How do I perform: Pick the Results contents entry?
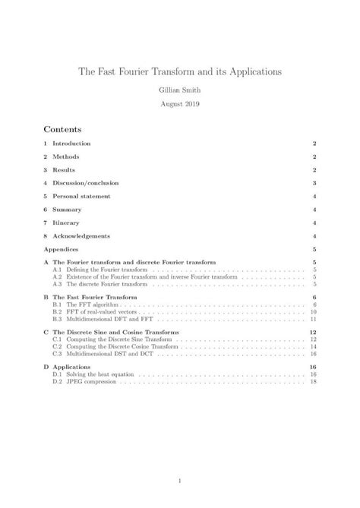[x=64, y=169]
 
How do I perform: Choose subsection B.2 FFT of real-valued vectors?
[x=103, y=312]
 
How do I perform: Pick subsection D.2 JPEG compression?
[x=94, y=382]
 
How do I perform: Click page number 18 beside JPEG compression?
[x=313, y=382]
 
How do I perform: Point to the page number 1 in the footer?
[x=180, y=480]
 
